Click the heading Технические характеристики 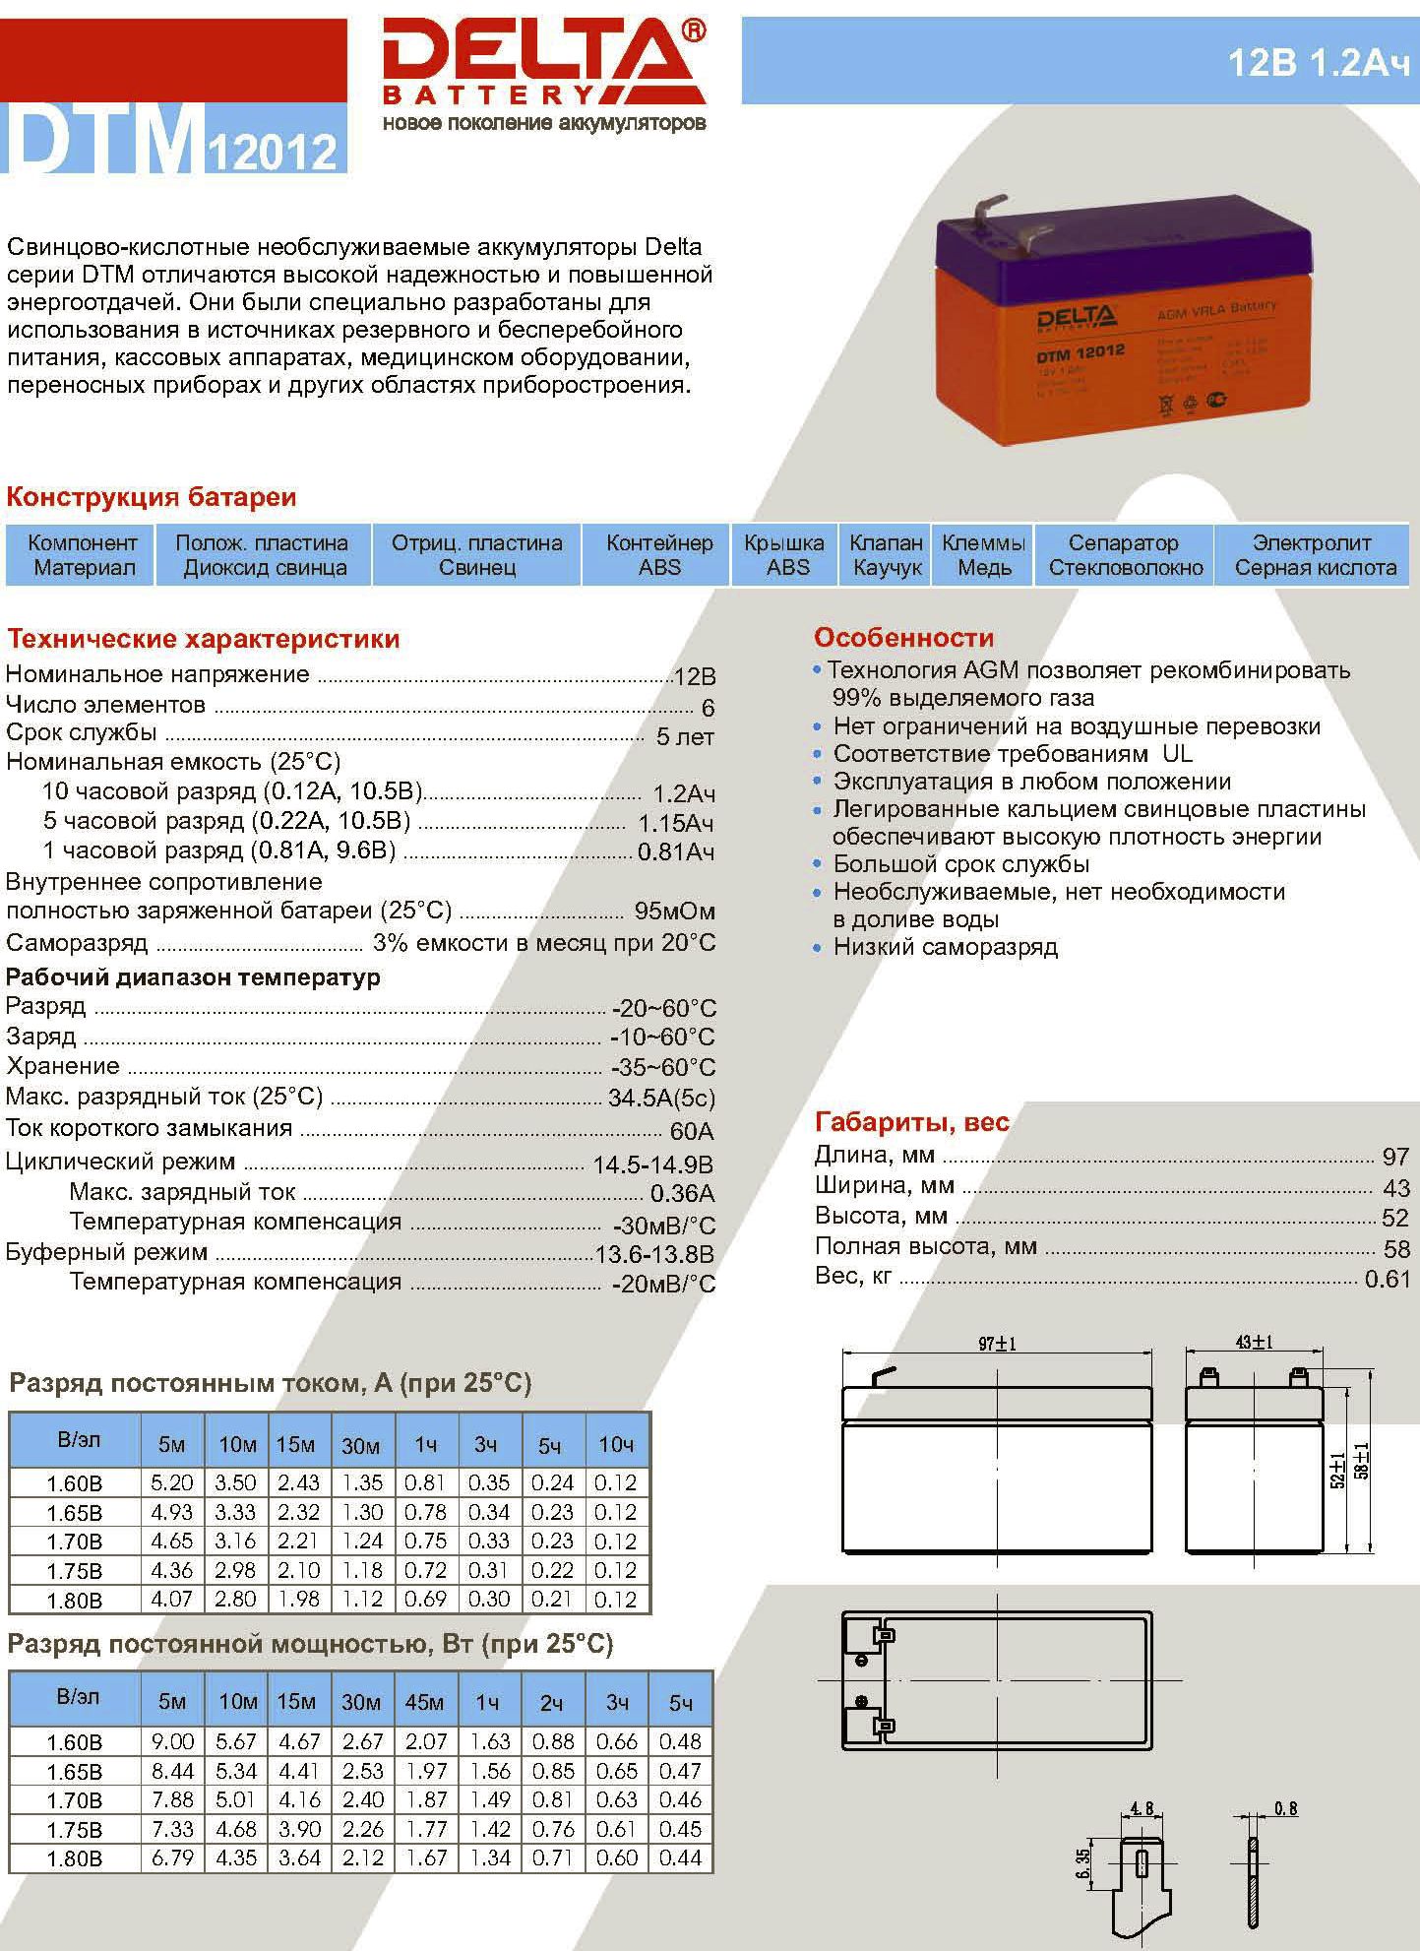coord(204,639)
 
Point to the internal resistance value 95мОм coord(675,912)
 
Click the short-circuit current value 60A coord(692,1131)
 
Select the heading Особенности coord(903,638)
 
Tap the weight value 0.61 coord(1388,1279)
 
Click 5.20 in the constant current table coord(171,1482)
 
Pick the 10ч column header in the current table coord(616,1444)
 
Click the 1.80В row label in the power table coord(74,1858)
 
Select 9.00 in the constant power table coord(172,1741)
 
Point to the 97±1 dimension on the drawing coord(997,1344)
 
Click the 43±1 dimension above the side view coord(1254,1342)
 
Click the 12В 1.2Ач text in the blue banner coord(1319,63)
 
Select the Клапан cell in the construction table coord(887,555)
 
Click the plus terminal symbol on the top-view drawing coord(861,1702)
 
